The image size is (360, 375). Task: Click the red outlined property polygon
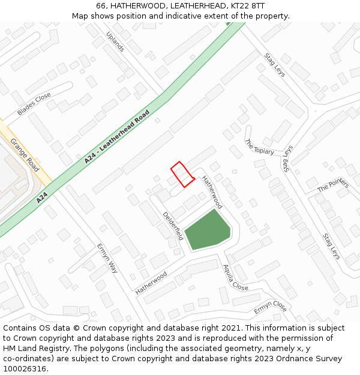182,174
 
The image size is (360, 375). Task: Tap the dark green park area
207,230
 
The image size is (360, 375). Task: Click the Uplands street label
115,41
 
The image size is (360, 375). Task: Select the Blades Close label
34,104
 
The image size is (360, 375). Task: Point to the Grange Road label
25,155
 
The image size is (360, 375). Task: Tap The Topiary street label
259,147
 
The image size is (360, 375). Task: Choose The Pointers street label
333,184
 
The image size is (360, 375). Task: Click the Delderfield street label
173,226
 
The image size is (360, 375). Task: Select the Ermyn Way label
107,259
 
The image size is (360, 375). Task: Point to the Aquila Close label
236,278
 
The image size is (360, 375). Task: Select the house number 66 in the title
101,5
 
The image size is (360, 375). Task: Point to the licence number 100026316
25,368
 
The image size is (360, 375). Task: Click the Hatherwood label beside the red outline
212,191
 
